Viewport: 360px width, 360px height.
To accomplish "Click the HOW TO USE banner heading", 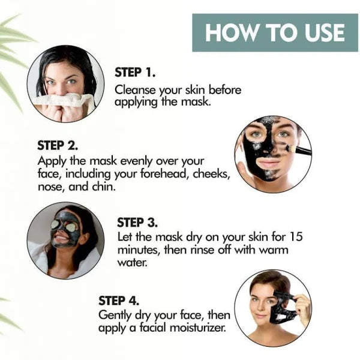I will tap(275, 32).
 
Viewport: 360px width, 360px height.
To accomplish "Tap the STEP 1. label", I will tap(135, 73).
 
